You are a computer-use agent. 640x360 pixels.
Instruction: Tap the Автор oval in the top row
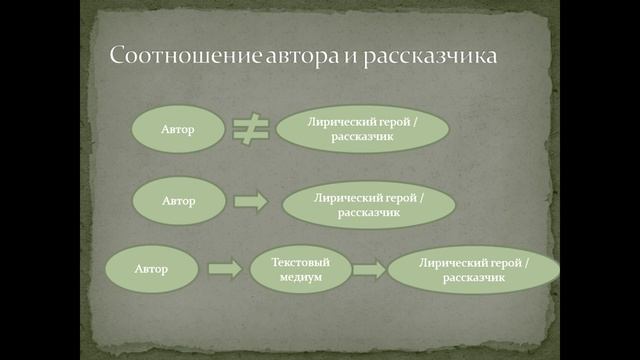(x=178, y=131)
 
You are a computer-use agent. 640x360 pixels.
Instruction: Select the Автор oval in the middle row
(x=178, y=200)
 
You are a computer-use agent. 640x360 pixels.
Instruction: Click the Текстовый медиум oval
(x=301, y=268)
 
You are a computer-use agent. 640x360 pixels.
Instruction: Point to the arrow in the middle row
(x=251, y=201)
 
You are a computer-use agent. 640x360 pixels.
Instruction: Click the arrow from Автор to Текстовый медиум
(x=225, y=268)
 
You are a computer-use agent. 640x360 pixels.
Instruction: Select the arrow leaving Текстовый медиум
(x=369, y=269)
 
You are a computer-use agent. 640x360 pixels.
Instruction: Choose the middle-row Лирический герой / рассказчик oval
(x=369, y=204)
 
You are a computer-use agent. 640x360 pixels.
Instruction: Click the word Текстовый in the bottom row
(x=301, y=260)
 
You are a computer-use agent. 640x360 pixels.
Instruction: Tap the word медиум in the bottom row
(x=301, y=276)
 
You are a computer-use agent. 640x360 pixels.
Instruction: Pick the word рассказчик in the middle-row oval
(x=369, y=213)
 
